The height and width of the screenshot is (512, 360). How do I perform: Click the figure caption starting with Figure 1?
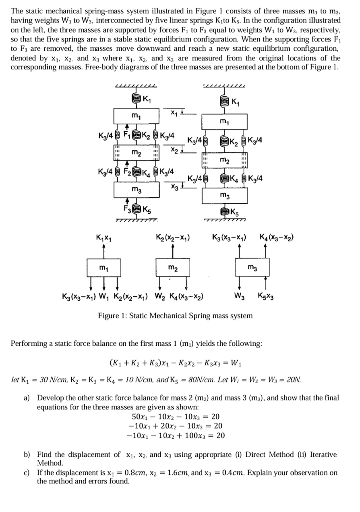click(176, 316)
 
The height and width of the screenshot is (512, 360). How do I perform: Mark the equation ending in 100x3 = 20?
click(176, 436)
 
